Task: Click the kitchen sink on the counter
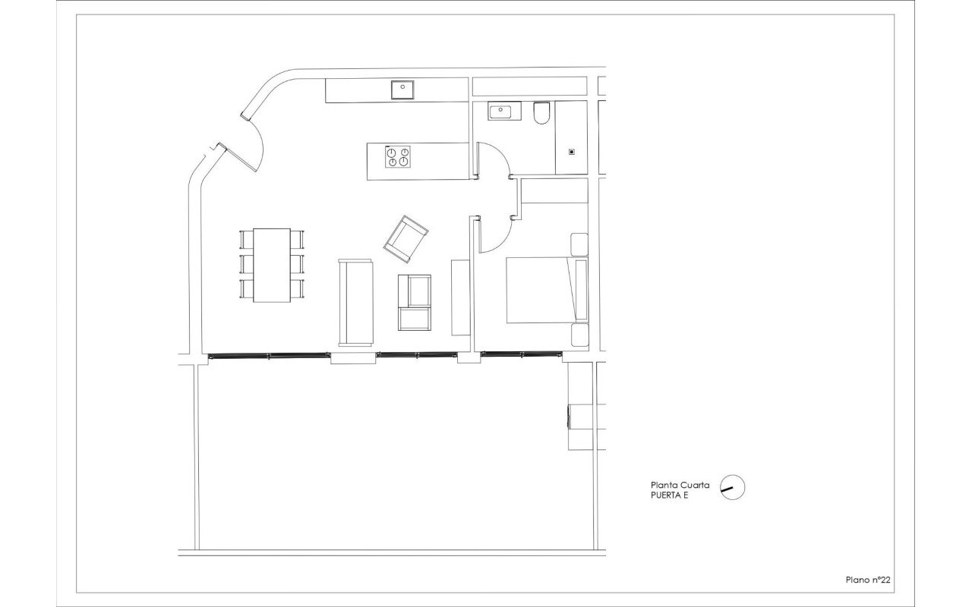(x=402, y=90)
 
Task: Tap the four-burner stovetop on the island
(x=397, y=157)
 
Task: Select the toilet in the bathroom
(x=541, y=113)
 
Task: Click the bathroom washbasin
(x=504, y=111)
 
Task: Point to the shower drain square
(x=572, y=152)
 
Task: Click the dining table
(x=272, y=266)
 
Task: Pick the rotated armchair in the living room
(x=406, y=239)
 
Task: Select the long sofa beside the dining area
(x=355, y=303)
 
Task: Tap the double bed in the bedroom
(x=548, y=290)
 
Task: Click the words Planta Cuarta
(x=680, y=485)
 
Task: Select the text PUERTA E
(x=669, y=495)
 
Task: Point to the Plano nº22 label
(x=868, y=580)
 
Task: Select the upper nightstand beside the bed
(x=579, y=244)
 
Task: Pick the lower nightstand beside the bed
(x=579, y=335)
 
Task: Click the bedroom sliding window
(x=521, y=354)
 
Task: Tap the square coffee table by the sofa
(x=415, y=303)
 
